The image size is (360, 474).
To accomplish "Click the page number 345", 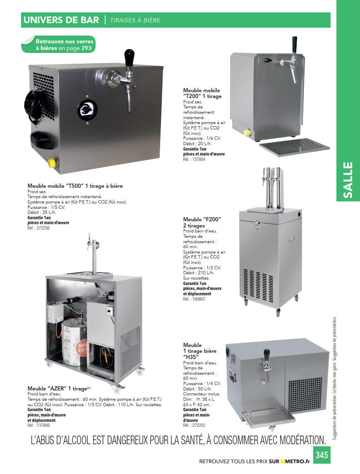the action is pos(322,455).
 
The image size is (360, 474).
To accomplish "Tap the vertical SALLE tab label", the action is pos(348,180).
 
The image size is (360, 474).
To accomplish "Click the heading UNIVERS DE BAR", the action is pos(61,20).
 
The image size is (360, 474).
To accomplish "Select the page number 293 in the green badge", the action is pos(86,48).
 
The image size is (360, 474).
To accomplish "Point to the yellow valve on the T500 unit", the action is pos(52,163).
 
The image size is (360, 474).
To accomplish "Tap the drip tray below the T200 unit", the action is pos(294,147).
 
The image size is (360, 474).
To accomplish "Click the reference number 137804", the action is pos(199,159).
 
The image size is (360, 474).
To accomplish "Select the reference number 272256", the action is pos(43,228).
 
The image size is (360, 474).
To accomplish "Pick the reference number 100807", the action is pos(199,299).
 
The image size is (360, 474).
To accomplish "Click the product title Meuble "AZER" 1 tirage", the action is pos(58,388).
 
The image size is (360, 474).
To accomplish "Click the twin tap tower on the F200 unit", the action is pos(272,187).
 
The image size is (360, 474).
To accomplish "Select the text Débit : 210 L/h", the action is pos(199,273).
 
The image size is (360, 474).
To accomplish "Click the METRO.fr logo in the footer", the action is pos(295,461).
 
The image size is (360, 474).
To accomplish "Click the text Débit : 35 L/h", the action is pos(42,212).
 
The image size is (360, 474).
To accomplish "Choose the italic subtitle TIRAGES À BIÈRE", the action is pos(135,20).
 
